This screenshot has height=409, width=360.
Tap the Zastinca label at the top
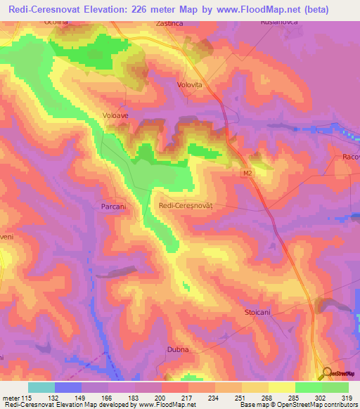[170, 24]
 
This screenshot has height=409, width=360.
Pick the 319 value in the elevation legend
[349, 398]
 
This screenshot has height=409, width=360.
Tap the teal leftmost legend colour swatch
[41, 387]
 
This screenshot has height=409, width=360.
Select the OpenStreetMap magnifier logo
[326, 374]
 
